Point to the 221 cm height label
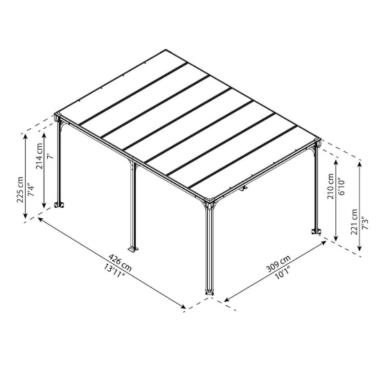click(x=354, y=221)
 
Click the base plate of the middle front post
click(x=133, y=249)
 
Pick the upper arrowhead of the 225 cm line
click(x=26, y=136)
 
